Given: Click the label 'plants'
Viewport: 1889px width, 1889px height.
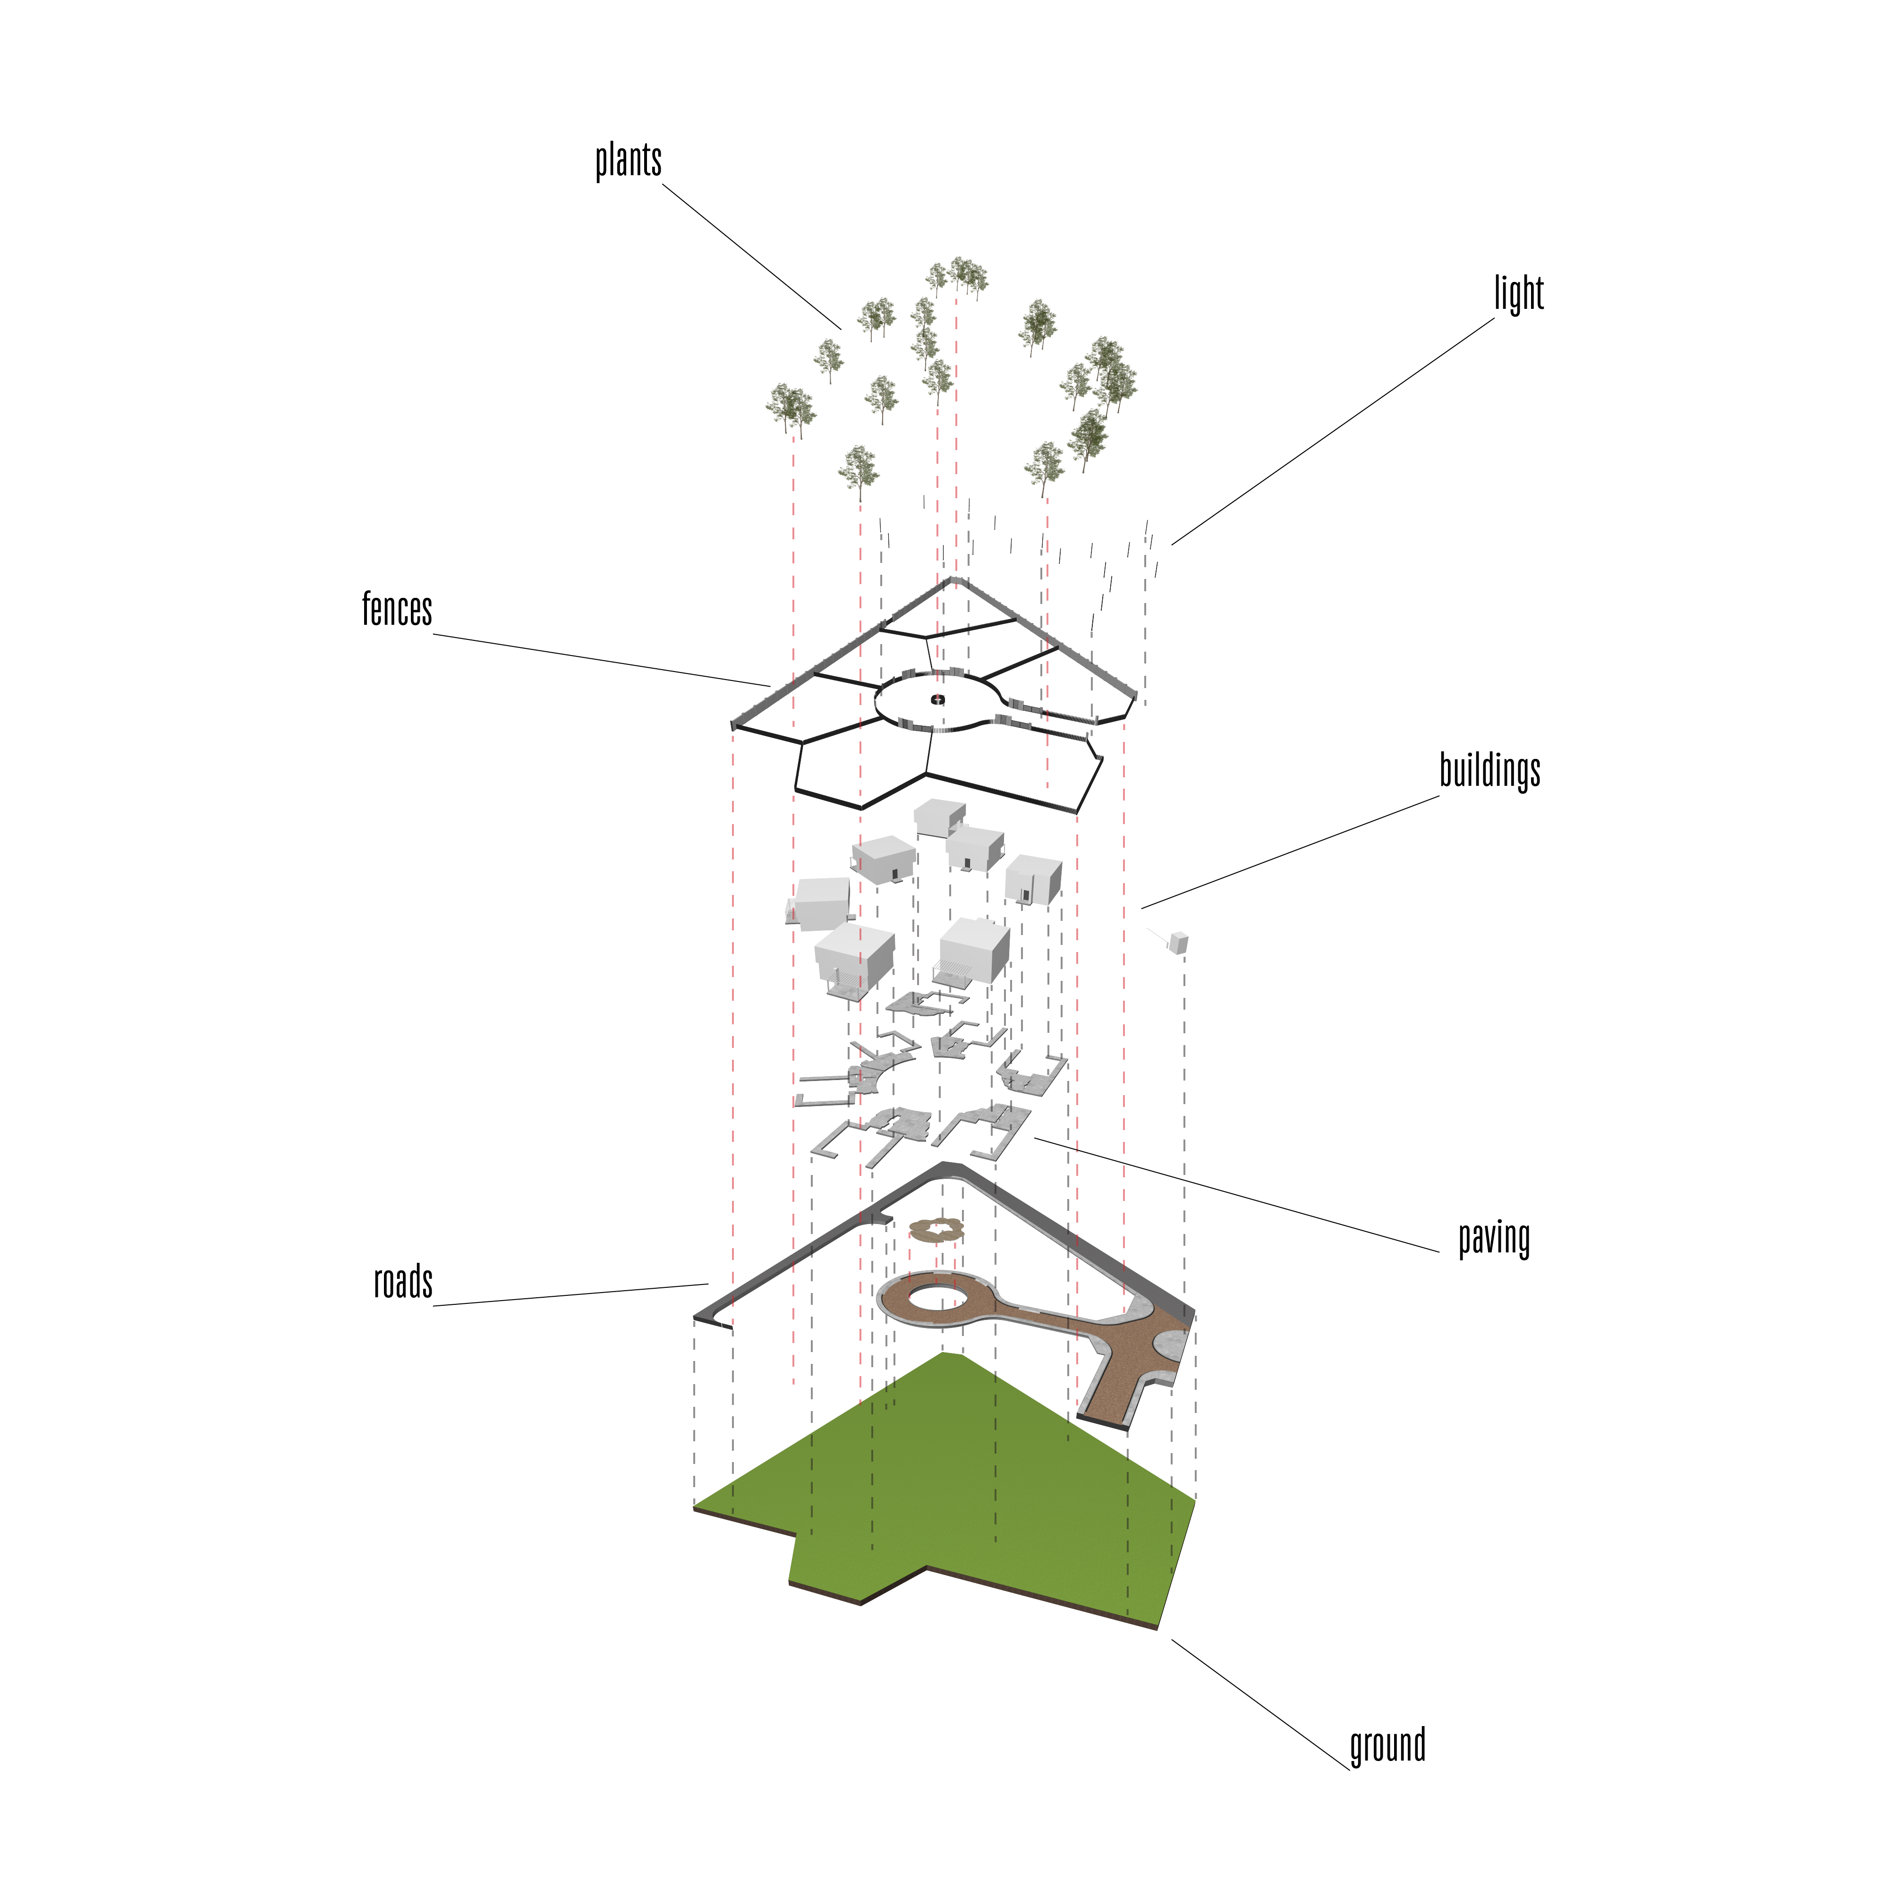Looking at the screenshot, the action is click(629, 161).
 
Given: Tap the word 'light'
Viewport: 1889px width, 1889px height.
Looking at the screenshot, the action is click(1518, 293).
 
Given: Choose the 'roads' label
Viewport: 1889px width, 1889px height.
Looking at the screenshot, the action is click(403, 1282).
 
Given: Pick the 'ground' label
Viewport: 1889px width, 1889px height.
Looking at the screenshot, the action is click(1387, 1745).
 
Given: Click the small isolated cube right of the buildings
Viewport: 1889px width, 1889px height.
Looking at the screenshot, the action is click(1178, 943).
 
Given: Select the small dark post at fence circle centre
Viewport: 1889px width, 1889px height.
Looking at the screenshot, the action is click(938, 699).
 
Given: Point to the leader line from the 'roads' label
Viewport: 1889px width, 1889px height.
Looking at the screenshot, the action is click(571, 1294).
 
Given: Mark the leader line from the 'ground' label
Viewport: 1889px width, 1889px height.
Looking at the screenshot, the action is click(1260, 1704).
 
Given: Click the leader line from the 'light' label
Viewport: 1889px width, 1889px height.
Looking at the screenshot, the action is click(1334, 431).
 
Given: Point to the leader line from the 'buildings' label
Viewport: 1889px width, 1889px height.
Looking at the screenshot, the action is click(1290, 851).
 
